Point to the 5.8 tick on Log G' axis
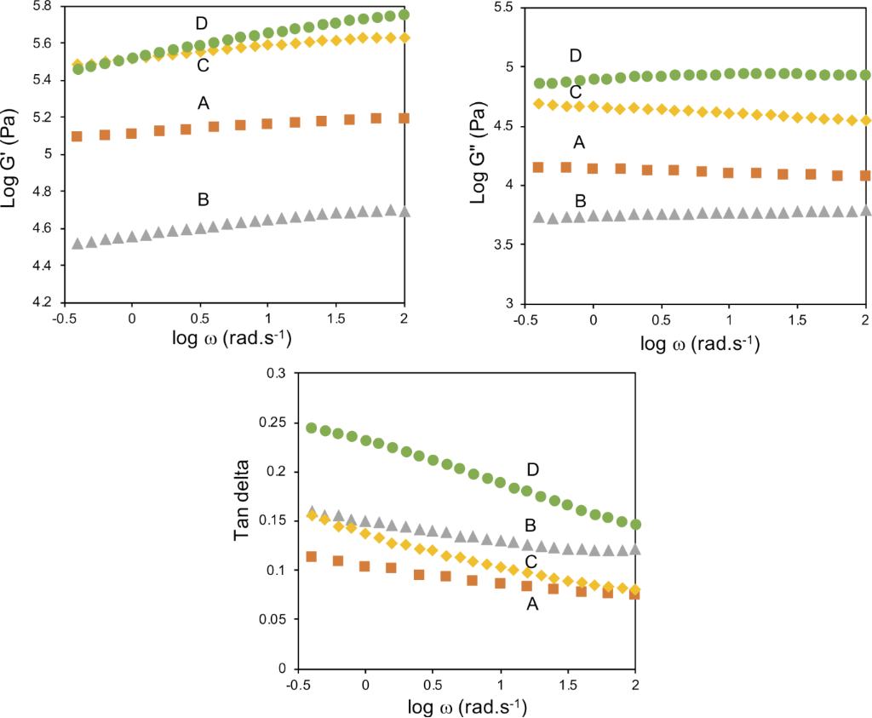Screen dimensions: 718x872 pyautogui.click(x=43, y=6)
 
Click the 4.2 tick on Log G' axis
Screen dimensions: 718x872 pyautogui.click(x=43, y=302)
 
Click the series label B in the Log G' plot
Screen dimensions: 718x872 pyautogui.click(x=203, y=200)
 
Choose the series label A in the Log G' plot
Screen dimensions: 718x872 pyautogui.click(x=203, y=103)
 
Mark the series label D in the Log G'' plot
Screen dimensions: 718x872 pyautogui.click(x=576, y=56)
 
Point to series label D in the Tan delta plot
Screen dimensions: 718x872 pyautogui.click(x=533, y=469)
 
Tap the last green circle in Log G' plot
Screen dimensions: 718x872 pyautogui.click(x=404, y=14)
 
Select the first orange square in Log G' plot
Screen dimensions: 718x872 pyautogui.click(x=77, y=136)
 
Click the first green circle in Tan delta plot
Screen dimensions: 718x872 pyautogui.click(x=312, y=428)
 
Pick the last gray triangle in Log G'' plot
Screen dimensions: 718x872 pyautogui.click(x=865, y=210)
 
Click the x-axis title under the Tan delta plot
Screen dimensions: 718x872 pyautogui.click(x=466, y=706)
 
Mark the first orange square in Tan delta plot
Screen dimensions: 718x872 pyautogui.click(x=312, y=556)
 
